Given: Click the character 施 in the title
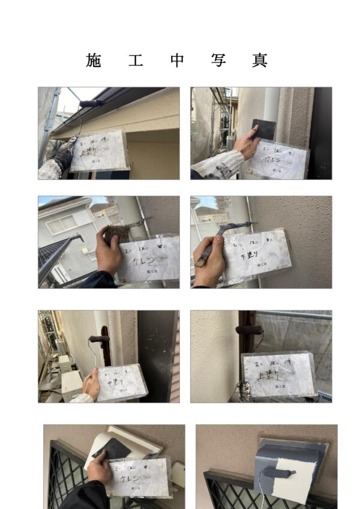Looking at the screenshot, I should click(94, 60).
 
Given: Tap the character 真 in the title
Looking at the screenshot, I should click(260, 60).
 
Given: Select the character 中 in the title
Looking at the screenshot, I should click(176, 60).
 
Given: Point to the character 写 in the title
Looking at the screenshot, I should click(218, 60).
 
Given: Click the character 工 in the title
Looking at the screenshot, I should click(135, 60).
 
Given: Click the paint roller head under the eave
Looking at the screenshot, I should click(91, 104).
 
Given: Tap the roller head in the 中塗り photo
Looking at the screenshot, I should click(99, 339).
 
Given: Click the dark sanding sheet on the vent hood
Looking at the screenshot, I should click(112, 447).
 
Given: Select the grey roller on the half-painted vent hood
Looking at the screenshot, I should click(280, 474).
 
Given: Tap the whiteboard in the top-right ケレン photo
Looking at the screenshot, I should click(278, 159).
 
